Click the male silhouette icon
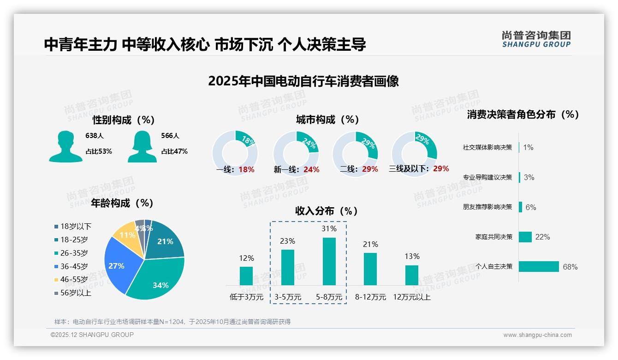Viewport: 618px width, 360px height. coord(65,146)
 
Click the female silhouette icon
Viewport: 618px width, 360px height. coord(142,146)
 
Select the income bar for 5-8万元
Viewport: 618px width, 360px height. coord(329,261)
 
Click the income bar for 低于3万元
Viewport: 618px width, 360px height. coord(246,276)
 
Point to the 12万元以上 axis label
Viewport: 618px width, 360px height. coord(412,297)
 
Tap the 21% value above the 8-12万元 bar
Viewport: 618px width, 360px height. coord(370,244)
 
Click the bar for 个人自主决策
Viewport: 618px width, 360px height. coord(539,267)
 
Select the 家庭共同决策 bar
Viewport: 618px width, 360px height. coord(525,237)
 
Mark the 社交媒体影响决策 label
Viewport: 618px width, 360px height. coord(487,148)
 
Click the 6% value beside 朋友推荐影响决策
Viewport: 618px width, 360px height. coord(531,207)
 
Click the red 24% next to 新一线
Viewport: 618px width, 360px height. coord(311,169)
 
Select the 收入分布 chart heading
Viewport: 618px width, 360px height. coord(327,211)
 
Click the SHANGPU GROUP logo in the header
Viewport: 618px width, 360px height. coord(536,39)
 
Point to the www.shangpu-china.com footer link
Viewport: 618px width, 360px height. coord(537,335)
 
